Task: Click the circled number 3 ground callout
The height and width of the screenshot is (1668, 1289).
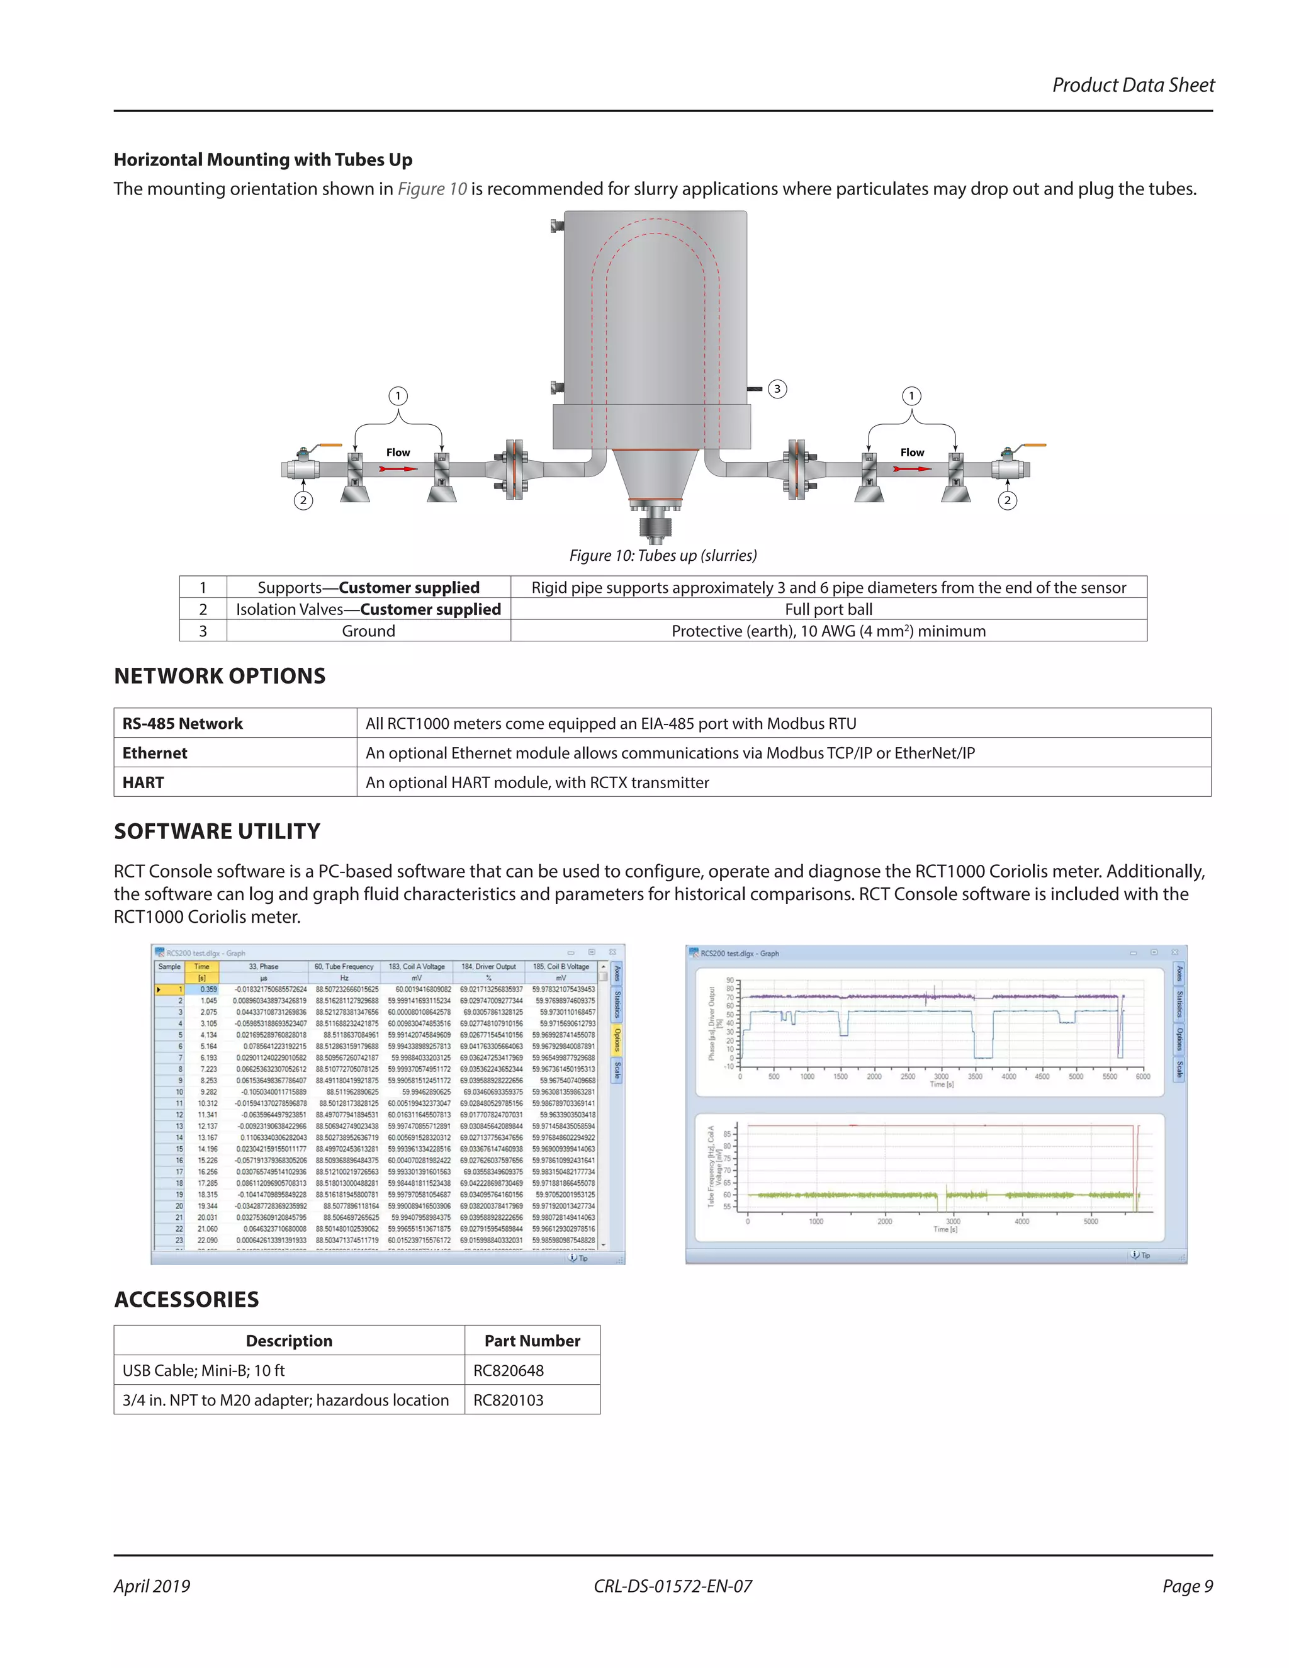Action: click(x=777, y=389)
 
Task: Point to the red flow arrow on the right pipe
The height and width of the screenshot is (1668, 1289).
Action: click(x=913, y=468)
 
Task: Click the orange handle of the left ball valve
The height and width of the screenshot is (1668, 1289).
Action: click(x=330, y=445)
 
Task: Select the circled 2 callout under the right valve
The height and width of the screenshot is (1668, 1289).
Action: click(x=1007, y=500)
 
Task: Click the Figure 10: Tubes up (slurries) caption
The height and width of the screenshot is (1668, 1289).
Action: click(x=663, y=555)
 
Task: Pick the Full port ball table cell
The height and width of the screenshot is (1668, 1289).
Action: click(x=828, y=609)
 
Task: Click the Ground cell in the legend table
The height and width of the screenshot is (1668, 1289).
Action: click(x=368, y=631)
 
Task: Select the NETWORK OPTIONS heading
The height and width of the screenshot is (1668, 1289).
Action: click(x=220, y=676)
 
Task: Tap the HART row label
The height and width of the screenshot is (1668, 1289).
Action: click(x=144, y=782)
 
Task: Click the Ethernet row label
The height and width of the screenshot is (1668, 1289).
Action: click(x=155, y=753)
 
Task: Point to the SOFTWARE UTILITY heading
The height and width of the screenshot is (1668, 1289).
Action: click(x=218, y=831)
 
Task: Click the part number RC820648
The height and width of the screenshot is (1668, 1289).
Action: click(x=509, y=1370)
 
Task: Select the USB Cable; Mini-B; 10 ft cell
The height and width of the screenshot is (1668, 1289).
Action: click(x=204, y=1370)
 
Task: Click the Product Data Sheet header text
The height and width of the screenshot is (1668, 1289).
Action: click(x=1132, y=85)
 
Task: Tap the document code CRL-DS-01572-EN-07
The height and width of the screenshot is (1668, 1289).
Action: click(x=673, y=1586)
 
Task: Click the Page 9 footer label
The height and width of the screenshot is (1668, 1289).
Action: click(x=1188, y=1586)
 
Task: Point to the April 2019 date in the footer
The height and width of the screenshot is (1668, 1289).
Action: click(x=152, y=1586)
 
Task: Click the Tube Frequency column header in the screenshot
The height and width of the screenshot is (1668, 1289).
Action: click(x=344, y=966)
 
